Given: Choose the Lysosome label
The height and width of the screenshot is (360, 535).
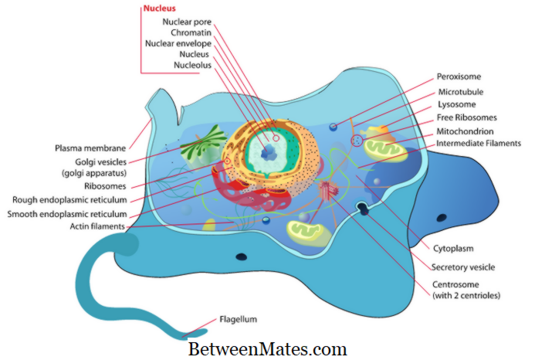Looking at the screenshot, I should coord(456,104).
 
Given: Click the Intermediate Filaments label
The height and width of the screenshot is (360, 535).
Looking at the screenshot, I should coord(479,143).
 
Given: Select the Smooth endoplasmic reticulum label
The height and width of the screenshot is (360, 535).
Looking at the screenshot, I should coord(73,212).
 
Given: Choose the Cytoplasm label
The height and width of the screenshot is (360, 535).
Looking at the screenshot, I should coord(452,248).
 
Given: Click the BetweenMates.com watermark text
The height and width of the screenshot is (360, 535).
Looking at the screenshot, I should coord(268,348).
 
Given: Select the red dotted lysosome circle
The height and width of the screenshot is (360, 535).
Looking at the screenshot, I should coord(357,141).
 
